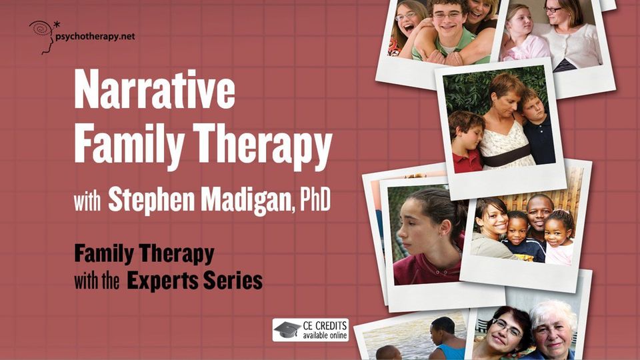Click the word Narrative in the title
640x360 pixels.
pyautogui.click(x=154, y=89)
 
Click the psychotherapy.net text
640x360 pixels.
pyautogui.click(x=95, y=37)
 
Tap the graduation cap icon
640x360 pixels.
pyautogui.click(x=287, y=329)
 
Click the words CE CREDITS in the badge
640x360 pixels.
pyautogui.click(x=325, y=326)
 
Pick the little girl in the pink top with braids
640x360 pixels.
pyautogui.click(x=559, y=237)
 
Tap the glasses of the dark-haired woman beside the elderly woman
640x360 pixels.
pyautogui.click(x=507, y=327)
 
